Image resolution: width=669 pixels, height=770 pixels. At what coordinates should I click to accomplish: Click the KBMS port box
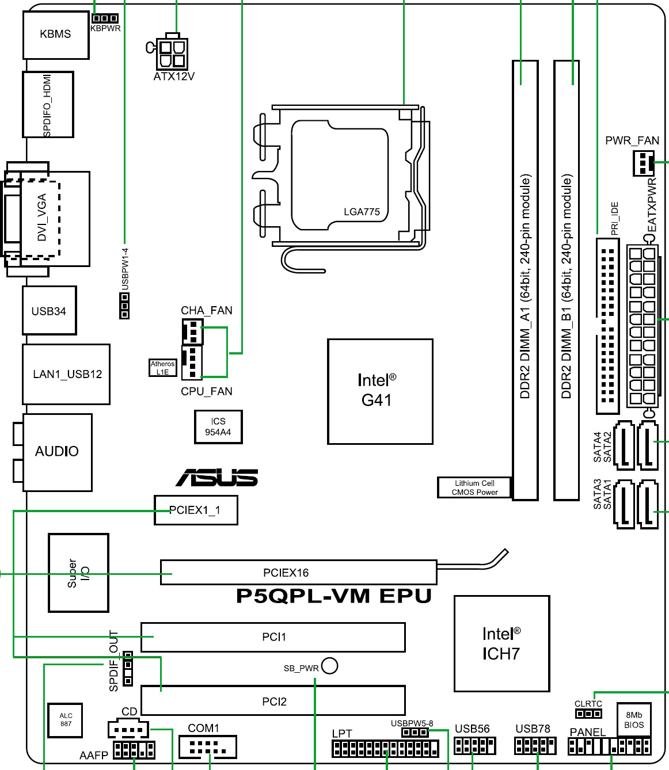pyautogui.click(x=56, y=35)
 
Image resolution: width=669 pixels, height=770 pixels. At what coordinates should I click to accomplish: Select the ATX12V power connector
pyautogui.click(x=173, y=53)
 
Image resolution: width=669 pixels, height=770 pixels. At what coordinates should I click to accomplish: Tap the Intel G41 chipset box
pyautogui.click(x=380, y=391)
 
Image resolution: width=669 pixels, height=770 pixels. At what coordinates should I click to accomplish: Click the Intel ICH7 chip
pyautogui.click(x=501, y=643)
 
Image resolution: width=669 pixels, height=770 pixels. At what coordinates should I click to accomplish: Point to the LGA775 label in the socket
pyautogui.click(x=362, y=212)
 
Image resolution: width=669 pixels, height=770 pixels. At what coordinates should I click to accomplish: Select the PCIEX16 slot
pyautogui.click(x=298, y=573)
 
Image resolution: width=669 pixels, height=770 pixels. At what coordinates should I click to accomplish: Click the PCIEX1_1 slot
pyautogui.click(x=196, y=510)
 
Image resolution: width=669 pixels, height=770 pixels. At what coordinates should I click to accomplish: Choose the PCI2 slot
pyautogui.click(x=273, y=701)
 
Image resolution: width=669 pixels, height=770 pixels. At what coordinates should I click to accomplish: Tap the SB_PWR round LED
pyautogui.click(x=330, y=666)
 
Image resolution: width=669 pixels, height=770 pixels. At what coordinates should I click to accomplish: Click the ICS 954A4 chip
pyautogui.click(x=218, y=427)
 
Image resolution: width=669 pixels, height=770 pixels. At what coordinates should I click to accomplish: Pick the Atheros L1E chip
pyautogui.click(x=163, y=368)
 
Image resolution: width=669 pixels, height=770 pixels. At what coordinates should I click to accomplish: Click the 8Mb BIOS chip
pyautogui.click(x=634, y=720)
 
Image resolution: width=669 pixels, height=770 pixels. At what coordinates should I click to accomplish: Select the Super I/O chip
pyautogui.click(x=78, y=573)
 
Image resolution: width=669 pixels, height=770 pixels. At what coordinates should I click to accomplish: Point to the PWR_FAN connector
pyautogui.click(x=643, y=163)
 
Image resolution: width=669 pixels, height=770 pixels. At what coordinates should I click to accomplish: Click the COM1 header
pyautogui.click(x=207, y=748)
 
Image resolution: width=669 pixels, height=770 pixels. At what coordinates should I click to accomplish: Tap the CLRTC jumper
pyautogui.click(x=588, y=714)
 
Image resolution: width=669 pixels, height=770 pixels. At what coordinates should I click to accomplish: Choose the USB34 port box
pyautogui.click(x=50, y=311)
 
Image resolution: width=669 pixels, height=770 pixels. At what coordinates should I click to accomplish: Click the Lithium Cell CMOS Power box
pyautogui.click(x=474, y=487)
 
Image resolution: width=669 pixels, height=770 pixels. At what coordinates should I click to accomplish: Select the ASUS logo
pyautogui.click(x=217, y=478)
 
